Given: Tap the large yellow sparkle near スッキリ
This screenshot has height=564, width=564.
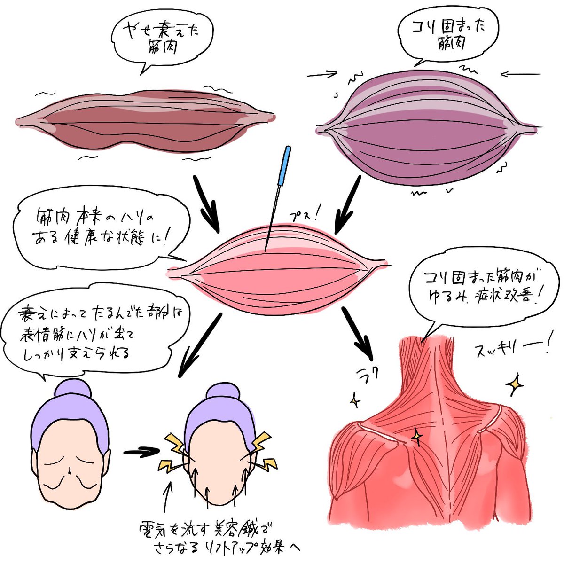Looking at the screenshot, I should click(x=515, y=384).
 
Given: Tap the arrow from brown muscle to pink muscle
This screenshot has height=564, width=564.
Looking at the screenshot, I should click(x=207, y=204).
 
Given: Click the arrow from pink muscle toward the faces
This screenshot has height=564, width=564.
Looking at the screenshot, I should click(x=200, y=343).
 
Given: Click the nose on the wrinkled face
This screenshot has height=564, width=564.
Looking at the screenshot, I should click(x=70, y=470).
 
